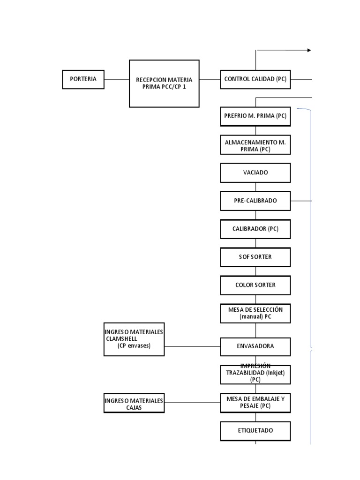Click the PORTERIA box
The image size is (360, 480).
tap(83, 79)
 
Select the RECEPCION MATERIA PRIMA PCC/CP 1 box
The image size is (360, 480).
tap(164, 83)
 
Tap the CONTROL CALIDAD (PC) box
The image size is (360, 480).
tap(255, 79)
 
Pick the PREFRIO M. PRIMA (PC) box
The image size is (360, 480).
tap(255, 116)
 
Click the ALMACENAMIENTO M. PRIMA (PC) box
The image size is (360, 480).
tap(255, 145)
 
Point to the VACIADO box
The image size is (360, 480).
tap(255, 172)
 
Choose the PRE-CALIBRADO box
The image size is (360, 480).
tap(255, 201)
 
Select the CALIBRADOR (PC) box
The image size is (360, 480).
tap(255, 229)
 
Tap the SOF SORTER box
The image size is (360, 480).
tap(255, 257)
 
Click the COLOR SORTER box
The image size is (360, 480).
tap(255, 285)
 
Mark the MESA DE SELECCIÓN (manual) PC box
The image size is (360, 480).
tap(255, 313)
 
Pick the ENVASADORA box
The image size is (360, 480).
tap(255, 346)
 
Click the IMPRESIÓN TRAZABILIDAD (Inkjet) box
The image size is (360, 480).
tap(255, 375)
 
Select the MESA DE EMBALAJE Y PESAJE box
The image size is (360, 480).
tap(255, 403)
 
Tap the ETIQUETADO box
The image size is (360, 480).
tap(255, 431)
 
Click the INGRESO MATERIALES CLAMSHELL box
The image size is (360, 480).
tap(134, 339)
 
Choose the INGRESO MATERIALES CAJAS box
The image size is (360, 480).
tap(134, 403)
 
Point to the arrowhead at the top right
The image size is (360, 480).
tap(309, 50)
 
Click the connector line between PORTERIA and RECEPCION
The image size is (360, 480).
tap(117, 79)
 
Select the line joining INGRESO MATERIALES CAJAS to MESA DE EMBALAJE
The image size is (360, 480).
tap(192, 403)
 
